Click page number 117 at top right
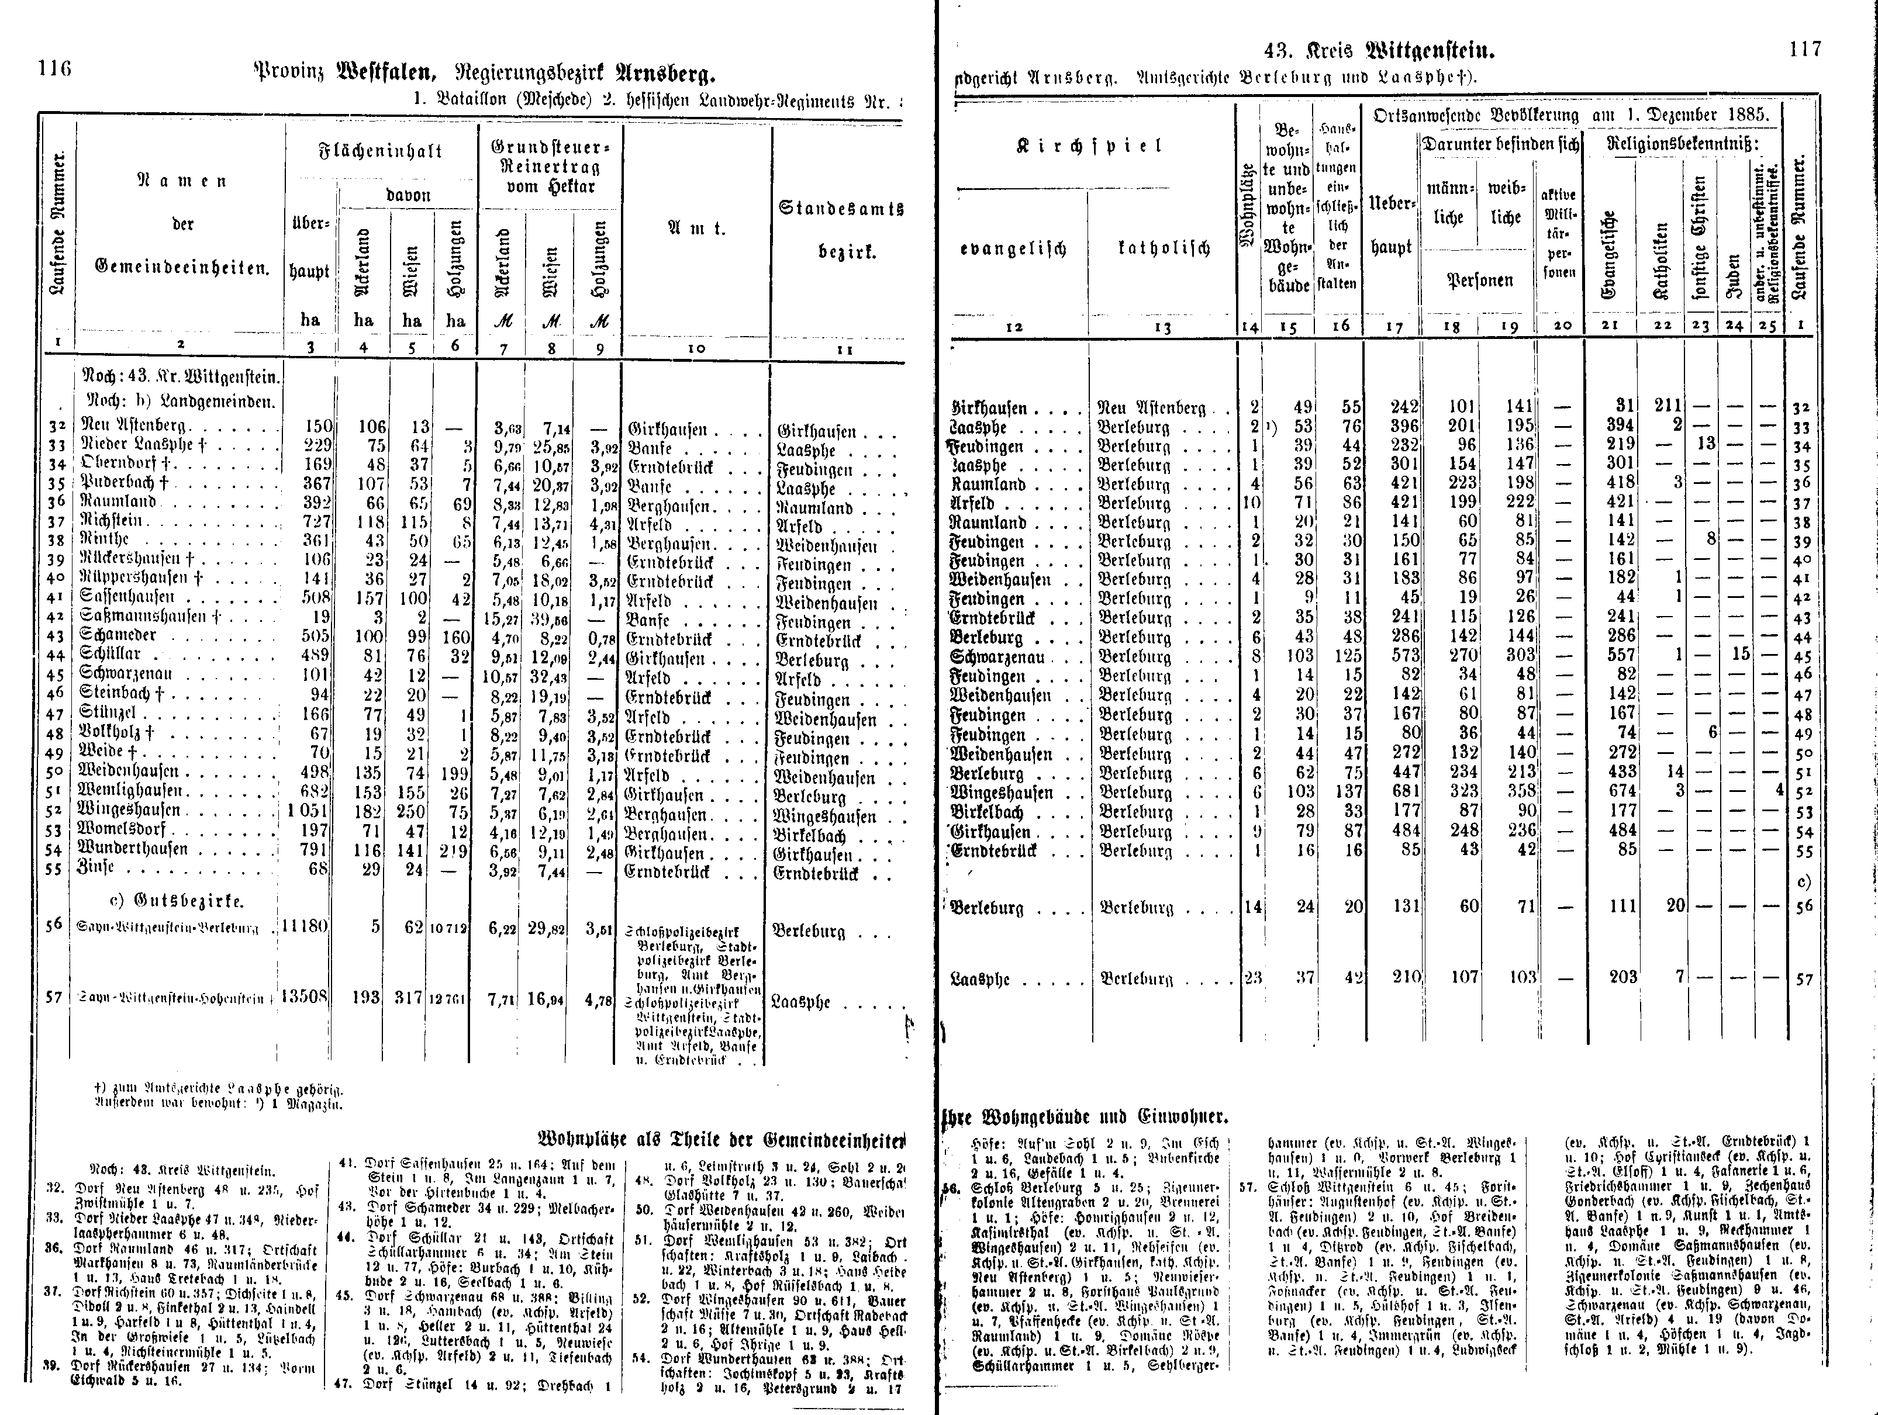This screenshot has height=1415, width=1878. [1805, 49]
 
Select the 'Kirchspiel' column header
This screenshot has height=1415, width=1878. [1089, 145]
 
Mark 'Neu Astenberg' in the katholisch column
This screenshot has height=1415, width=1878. [1151, 409]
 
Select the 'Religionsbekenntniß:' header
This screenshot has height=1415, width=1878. [1683, 144]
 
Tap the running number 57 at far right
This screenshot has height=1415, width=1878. [1804, 980]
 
